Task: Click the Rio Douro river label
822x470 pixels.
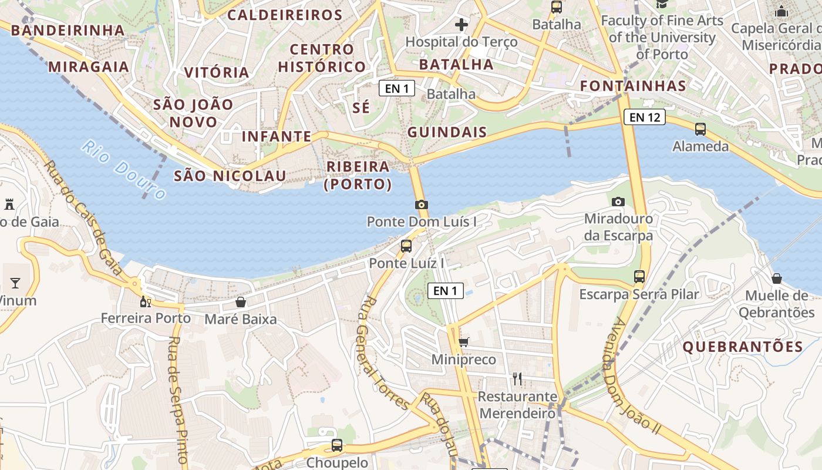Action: [123, 170]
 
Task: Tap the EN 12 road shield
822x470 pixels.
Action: [645, 117]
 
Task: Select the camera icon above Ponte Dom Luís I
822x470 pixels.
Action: [421, 204]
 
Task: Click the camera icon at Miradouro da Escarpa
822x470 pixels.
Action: [618, 202]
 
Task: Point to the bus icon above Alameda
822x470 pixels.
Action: [700, 129]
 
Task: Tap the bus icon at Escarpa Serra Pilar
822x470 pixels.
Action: [639, 276]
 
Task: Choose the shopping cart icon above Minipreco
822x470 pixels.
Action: [463, 342]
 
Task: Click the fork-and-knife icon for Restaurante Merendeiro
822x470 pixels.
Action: [517, 378]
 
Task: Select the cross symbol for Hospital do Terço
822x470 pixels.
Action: [461, 25]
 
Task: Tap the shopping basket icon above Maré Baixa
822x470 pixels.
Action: [240, 302]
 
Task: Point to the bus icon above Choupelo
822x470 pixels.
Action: [336, 445]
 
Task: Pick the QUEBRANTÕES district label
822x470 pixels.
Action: [742, 347]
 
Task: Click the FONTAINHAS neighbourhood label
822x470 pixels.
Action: [633, 86]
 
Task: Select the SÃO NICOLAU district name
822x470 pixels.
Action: [230, 176]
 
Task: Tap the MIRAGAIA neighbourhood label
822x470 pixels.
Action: [88, 66]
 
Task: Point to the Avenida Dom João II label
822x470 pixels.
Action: [634, 376]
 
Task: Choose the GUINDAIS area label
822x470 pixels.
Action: [447, 132]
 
